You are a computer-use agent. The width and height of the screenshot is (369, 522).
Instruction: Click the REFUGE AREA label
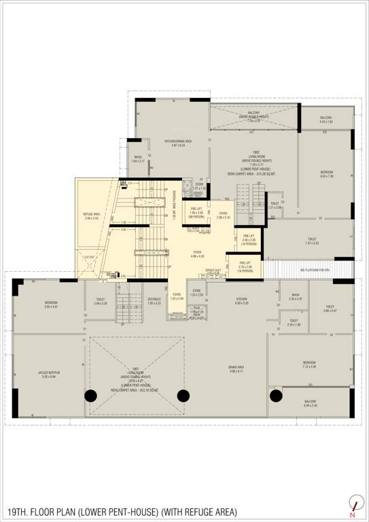92,216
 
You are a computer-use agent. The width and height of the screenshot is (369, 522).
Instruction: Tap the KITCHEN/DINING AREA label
178,143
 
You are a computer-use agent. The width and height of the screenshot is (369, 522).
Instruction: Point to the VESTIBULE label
154,300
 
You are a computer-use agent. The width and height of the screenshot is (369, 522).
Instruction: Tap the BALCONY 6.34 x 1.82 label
326,120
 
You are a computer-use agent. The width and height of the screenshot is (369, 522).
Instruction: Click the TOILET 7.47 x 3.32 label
312,241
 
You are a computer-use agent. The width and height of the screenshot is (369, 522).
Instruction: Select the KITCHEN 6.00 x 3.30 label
242,300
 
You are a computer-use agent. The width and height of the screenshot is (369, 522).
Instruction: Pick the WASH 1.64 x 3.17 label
138,159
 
